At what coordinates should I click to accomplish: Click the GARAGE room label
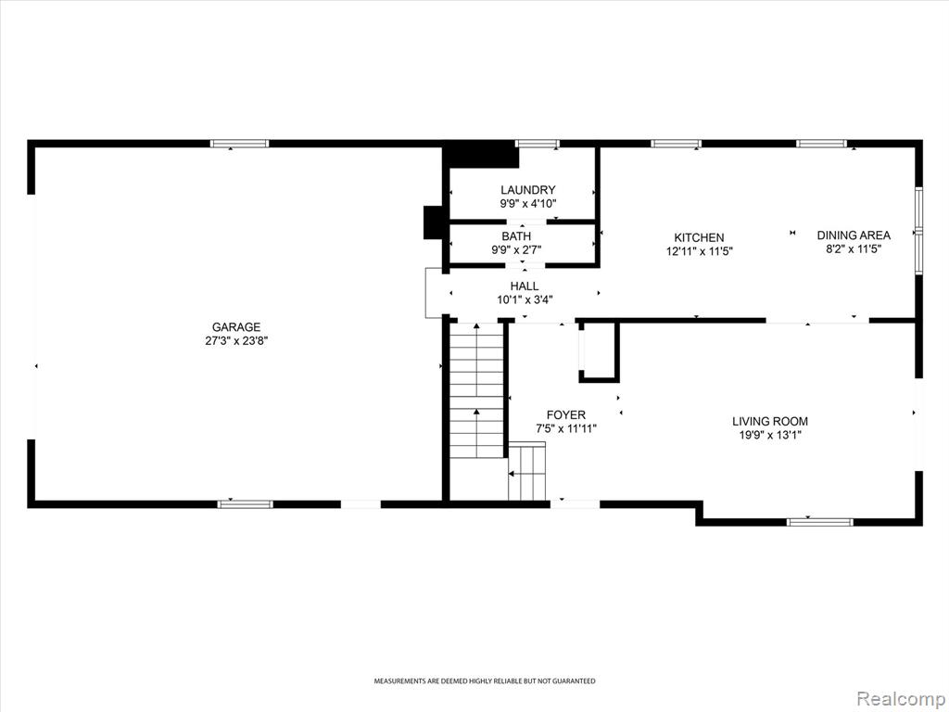[236, 327]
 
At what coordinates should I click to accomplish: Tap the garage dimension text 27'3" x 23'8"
[236, 341]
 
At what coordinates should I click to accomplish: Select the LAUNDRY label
[527, 190]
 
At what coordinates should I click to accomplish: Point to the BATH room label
[516, 236]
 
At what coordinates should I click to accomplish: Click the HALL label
[525, 286]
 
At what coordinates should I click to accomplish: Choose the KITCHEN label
[699, 238]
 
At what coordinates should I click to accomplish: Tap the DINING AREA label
[854, 235]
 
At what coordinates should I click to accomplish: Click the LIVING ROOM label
[770, 422]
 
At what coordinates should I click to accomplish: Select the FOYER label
[566, 414]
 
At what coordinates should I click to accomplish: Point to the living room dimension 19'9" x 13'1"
[770, 435]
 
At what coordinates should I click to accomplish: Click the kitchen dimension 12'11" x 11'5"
[699, 251]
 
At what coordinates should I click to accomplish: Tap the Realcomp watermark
[900, 698]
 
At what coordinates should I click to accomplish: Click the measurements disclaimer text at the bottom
[484, 681]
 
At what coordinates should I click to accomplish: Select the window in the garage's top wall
[239, 144]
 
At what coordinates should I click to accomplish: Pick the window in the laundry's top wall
[538, 144]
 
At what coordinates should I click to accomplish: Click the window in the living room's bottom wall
[820, 522]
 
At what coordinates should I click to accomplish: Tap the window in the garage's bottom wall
[245, 504]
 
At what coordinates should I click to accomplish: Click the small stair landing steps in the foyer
[526, 471]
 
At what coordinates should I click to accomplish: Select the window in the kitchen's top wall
[676, 144]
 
